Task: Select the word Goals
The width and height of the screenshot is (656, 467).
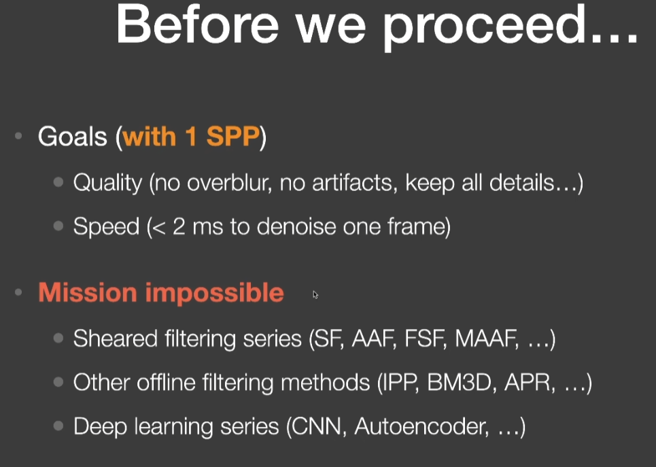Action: pyautogui.click(x=72, y=137)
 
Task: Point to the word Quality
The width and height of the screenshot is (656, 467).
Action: pyautogui.click(x=108, y=184)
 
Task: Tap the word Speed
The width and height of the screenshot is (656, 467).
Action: pyautogui.click(x=106, y=227)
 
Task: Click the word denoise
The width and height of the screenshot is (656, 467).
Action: pyautogui.click(x=296, y=226)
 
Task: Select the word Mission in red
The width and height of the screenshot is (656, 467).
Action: pyautogui.click(x=88, y=292)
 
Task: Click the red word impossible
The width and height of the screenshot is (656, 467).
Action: pyautogui.click(x=215, y=293)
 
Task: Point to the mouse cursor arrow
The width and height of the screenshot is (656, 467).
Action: pyautogui.click(x=315, y=295)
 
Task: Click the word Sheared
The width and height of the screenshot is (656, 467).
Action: pyautogui.click(x=115, y=338)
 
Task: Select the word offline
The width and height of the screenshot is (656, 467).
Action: pyautogui.click(x=166, y=382)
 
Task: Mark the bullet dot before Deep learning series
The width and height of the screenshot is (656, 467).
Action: pyautogui.click(x=58, y=426)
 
